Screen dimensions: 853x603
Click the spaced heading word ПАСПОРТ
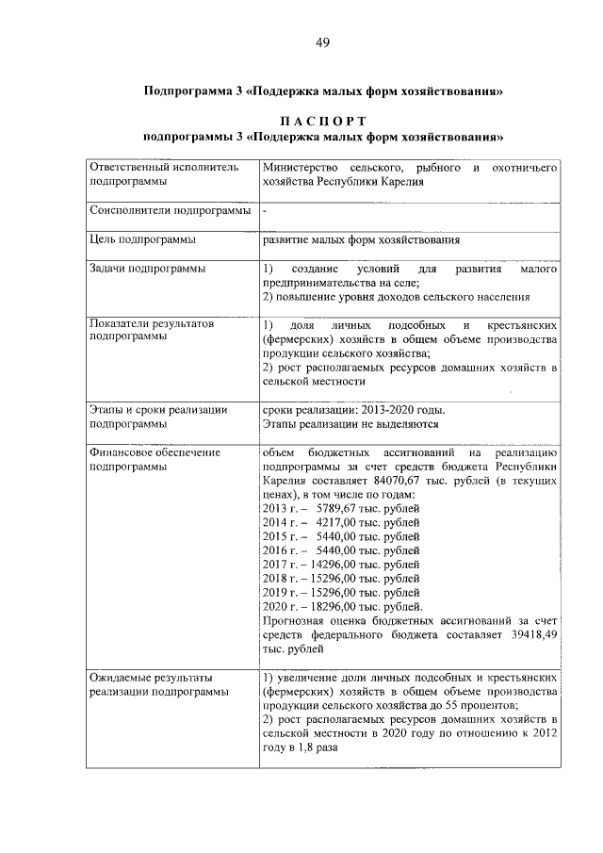[322, 120]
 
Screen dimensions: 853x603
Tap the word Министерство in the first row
[300, 167]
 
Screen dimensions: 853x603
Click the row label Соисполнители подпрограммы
[170, 211]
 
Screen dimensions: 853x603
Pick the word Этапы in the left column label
[105, 410]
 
